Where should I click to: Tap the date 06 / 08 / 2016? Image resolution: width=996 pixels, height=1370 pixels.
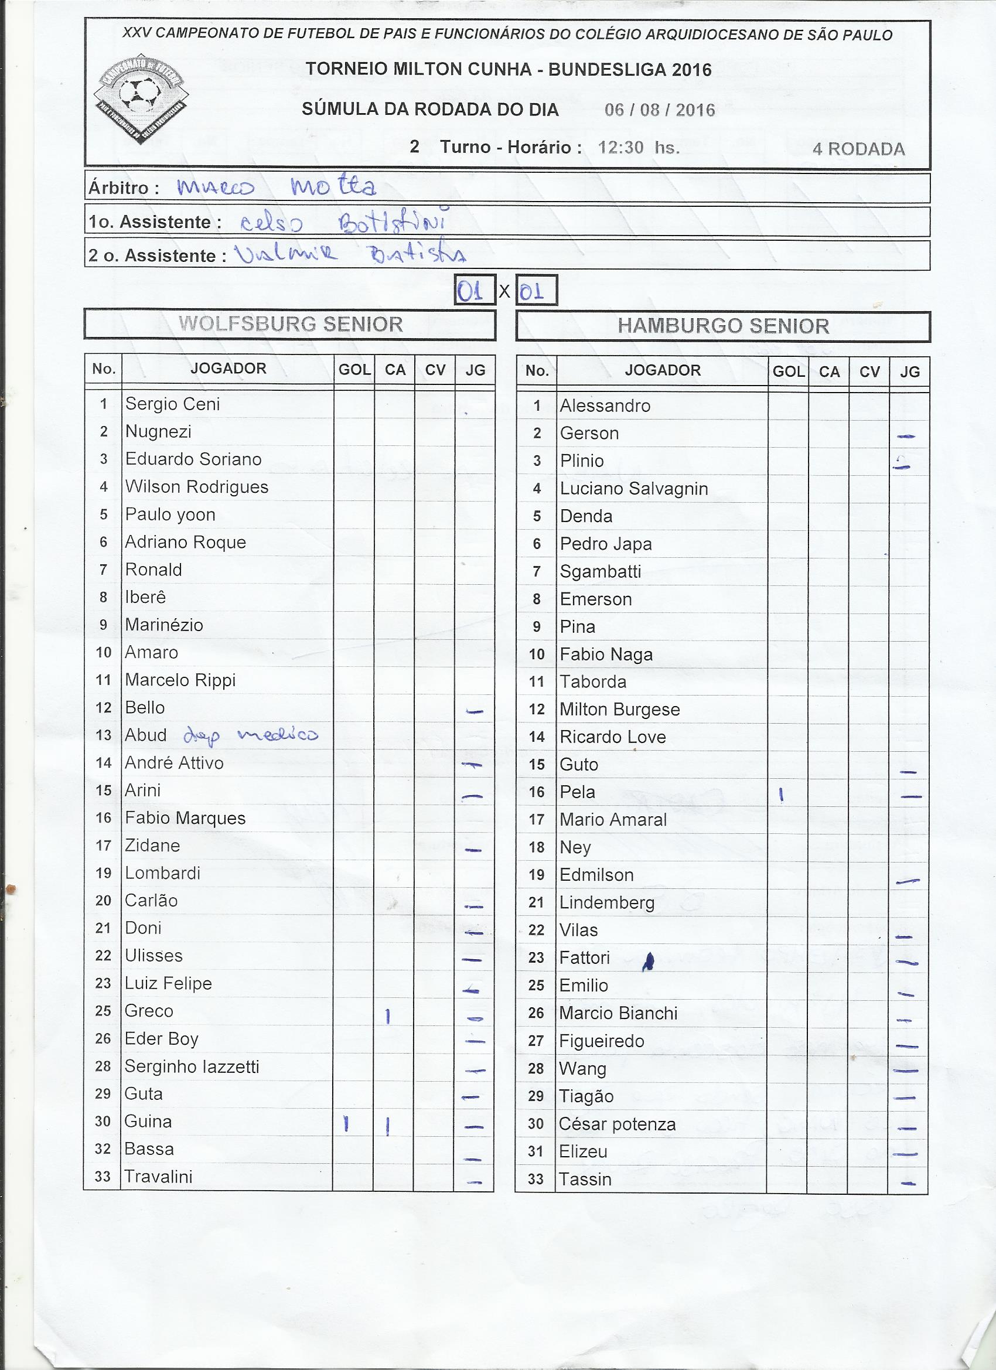(x=660, y=110)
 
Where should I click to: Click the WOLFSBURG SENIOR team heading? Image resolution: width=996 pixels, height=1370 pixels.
(x=291, y=325)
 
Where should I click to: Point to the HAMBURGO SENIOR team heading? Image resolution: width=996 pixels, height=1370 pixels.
(x=723, y=326)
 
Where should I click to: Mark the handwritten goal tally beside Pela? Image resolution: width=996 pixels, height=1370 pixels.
(x=782, y=796)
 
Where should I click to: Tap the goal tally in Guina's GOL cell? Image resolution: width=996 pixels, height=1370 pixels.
(x=346, y=1123)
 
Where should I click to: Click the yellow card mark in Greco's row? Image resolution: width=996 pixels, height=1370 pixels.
(x=388, y=1017)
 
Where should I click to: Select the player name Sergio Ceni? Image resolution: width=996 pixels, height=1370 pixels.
(x=172, y=404)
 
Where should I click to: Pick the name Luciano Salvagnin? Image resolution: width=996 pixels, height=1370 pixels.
(x=633, y=489)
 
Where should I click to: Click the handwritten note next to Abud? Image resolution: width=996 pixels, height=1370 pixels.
(x=250, y=736)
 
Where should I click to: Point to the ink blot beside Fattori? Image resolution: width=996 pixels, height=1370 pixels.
(x=648, y=961)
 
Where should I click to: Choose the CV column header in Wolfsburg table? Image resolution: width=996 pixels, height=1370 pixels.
(x=435, y=370)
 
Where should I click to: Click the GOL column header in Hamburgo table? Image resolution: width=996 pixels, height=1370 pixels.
(x=788, y=372)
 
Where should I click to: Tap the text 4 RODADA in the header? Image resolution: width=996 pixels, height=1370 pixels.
(x=858, y=149)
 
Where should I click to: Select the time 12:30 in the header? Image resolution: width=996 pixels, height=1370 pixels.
(x=620, y=148)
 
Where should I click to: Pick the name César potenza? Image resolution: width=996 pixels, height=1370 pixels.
(x=617, y=1124)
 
